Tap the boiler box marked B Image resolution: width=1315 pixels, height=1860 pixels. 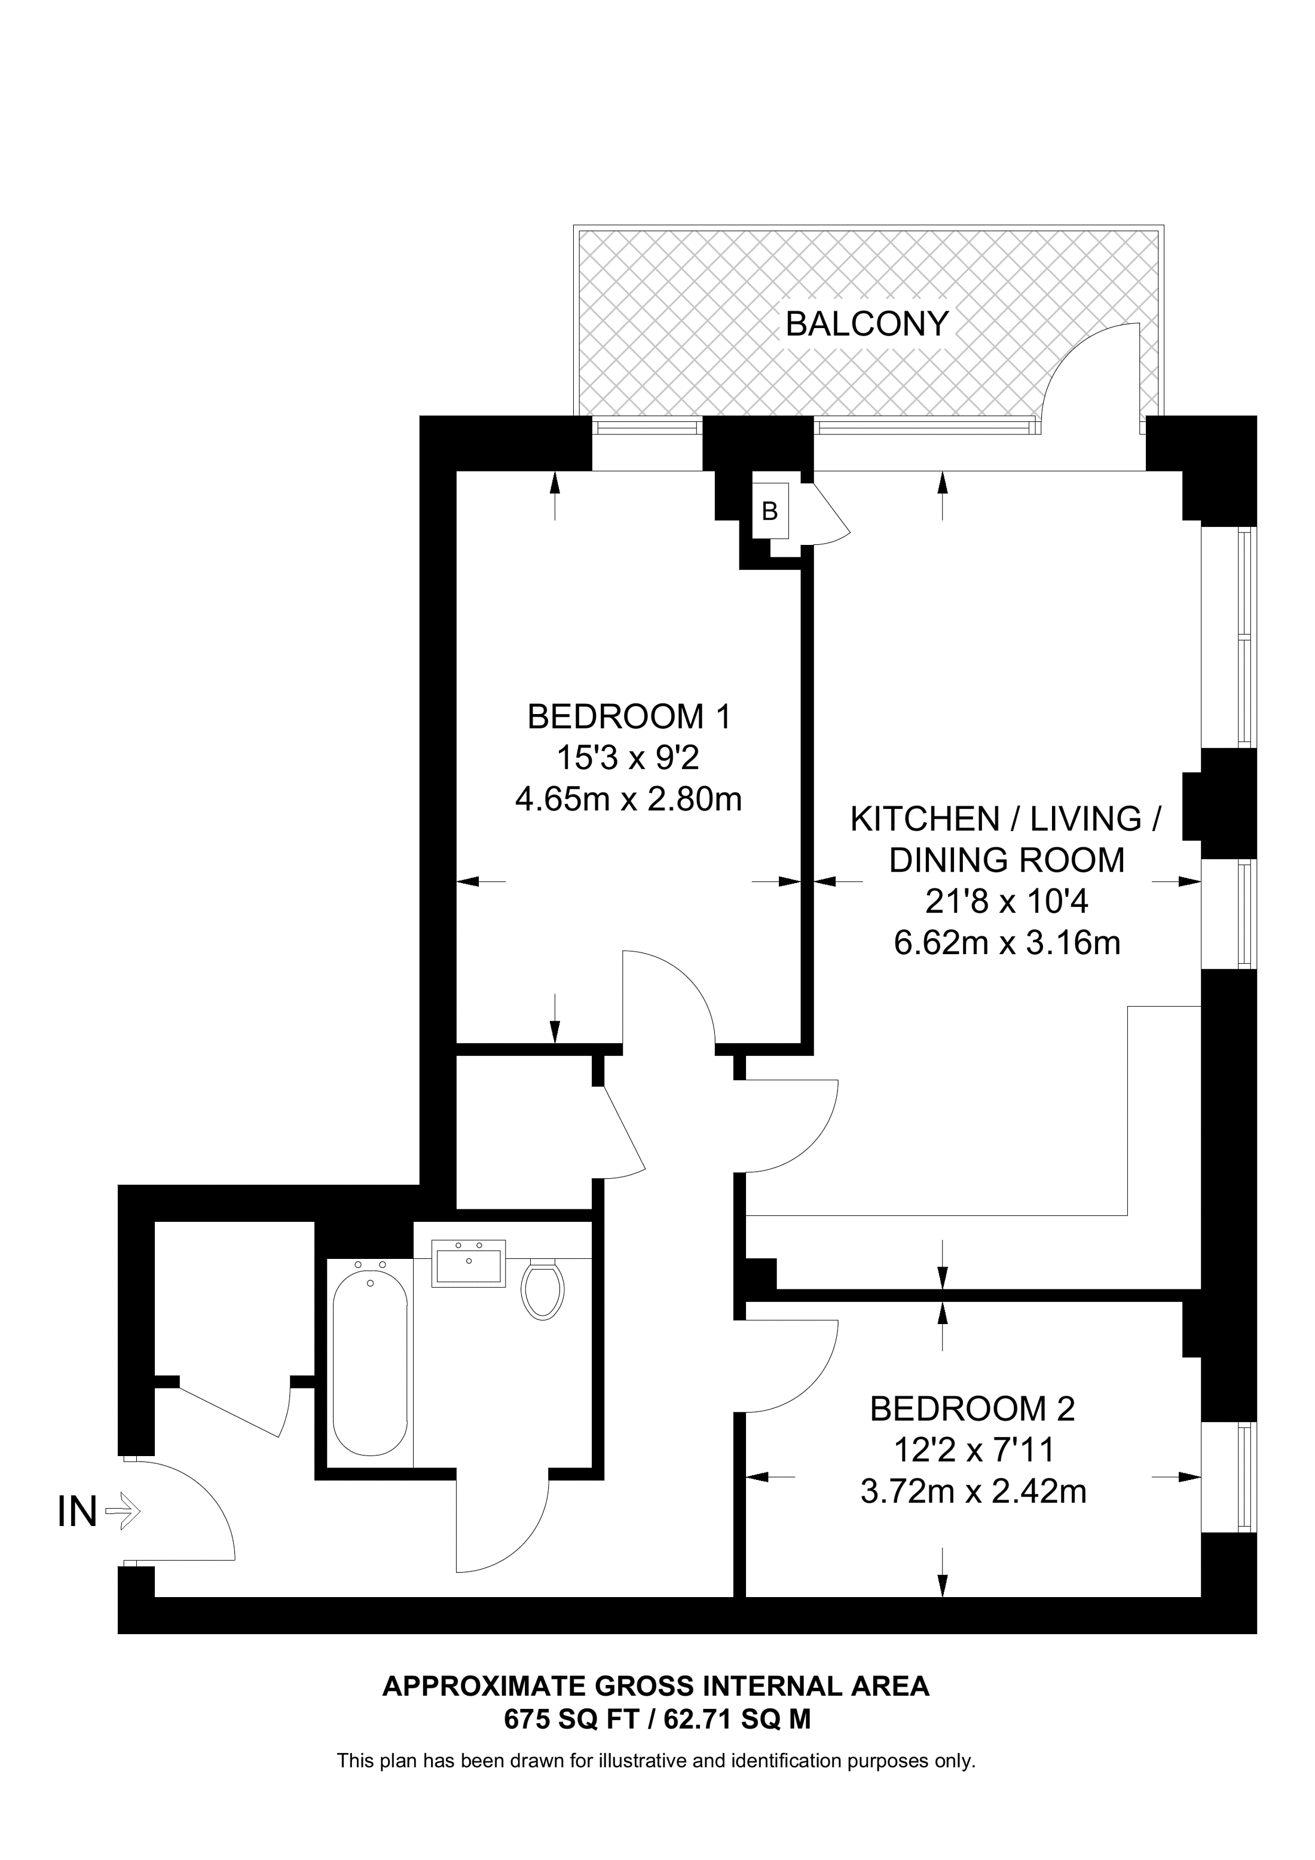pos(770,511)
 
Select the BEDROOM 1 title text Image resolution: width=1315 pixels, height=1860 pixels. pos(629,716)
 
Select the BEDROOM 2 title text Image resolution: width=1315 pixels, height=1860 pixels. pos(973,1409)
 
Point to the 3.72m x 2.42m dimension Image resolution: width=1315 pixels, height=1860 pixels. pos(973,1491)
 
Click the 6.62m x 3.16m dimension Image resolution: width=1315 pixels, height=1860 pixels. pos(1007,943)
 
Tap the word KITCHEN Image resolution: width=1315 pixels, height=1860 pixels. pos(925,819)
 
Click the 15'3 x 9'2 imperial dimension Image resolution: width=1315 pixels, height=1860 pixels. pos(628,758)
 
